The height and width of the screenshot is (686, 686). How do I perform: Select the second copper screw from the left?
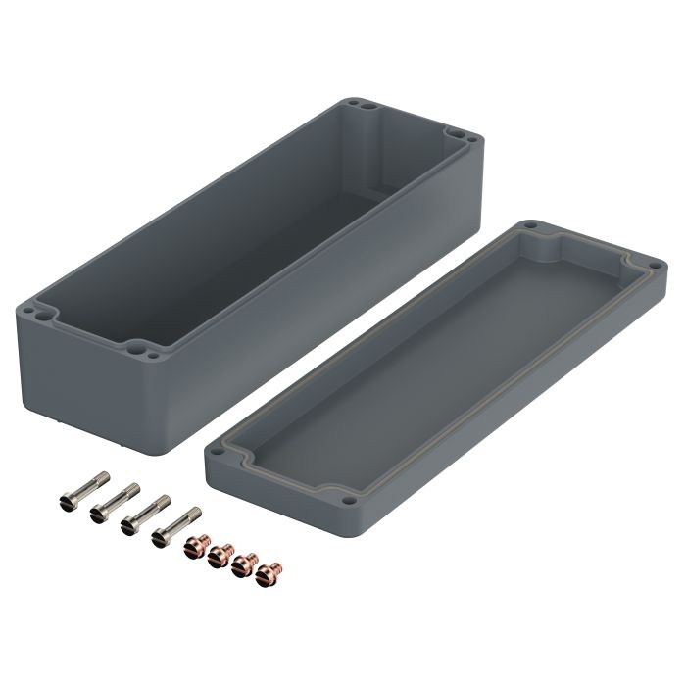(x=220, y=556)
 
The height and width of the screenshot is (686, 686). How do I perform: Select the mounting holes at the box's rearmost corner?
(x=358, y=104)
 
